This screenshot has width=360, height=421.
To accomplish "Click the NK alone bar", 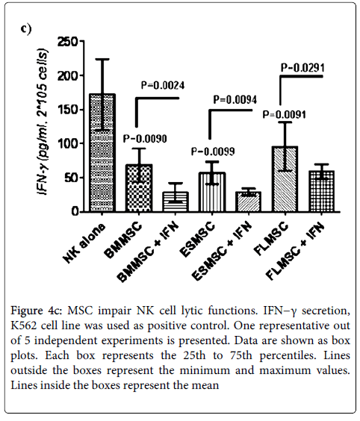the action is pos(103,152).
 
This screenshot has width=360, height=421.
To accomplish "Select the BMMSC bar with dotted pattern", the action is pos(139,188).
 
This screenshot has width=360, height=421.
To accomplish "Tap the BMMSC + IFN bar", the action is pos(176,202).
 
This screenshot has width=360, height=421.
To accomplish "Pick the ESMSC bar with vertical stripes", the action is pos(212,192).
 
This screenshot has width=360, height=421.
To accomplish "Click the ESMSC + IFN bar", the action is pos(249,202).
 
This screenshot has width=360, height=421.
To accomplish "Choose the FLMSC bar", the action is pos(285,179).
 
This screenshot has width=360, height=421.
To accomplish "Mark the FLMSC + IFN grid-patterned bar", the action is pos(322,191).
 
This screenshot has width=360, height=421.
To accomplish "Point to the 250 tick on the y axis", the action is pos(82,41).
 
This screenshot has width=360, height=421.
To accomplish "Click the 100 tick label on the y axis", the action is pos(67,143).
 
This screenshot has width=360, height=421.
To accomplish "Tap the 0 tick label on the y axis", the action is pos(75,211).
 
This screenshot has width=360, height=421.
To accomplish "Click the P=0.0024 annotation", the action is pos(163,85).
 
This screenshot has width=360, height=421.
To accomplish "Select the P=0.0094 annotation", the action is pos(235,100).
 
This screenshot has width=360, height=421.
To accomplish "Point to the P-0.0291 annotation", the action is pos(302,68).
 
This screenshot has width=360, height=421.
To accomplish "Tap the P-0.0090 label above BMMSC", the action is pos(145,139).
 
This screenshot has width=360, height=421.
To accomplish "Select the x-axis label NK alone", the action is pos(84,243).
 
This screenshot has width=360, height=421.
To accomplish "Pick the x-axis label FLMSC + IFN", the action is pos(295,251).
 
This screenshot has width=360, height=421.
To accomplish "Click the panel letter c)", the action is pos(26,28).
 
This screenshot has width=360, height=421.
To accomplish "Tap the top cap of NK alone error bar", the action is pos(102,59).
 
